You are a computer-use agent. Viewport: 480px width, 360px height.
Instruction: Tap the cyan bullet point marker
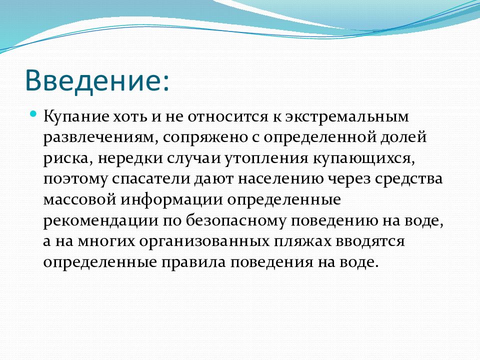tap(33, 114)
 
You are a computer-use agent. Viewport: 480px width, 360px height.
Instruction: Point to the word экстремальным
tap(347, 117)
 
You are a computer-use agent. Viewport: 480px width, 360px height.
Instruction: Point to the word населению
tap(280, 179)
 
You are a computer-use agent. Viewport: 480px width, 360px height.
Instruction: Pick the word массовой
tap(80, 199)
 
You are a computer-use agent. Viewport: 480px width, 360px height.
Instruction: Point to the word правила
tap(193, 262)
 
